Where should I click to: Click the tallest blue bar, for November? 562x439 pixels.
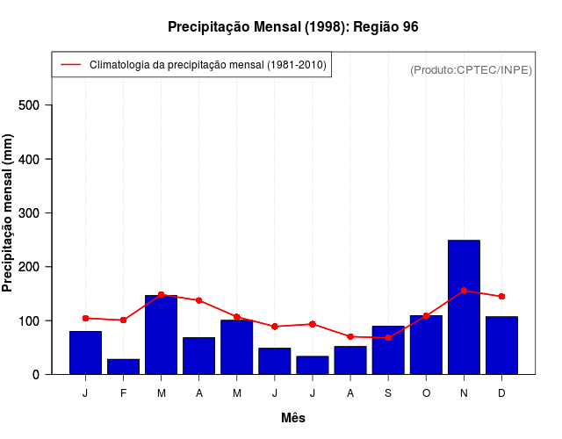click(x=464, y=306)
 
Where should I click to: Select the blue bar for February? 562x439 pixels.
click(x=123, y=366)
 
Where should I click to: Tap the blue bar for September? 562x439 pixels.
click(x=388, y=349)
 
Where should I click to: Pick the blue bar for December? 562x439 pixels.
click(x=501, y=345)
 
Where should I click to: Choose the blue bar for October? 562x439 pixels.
click(x=426, y=344)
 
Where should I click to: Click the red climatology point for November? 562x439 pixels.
click(x=464, y=291)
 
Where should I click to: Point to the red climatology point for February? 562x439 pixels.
click(x=123, y=320)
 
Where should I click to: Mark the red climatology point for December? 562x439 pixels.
click(x=501, y=297)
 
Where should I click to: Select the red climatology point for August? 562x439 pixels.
click(x=350, y=336)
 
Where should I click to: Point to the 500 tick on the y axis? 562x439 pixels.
click(x=54, y=105)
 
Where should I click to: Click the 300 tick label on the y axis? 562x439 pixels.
click(x=41, y=213)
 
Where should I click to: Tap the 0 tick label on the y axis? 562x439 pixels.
click(x=47, y=375)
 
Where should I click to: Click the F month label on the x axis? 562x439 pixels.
click(x=123, y=393)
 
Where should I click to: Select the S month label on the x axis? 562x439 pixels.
click(x=388, y=393)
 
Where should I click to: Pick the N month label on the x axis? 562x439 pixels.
click(x=464, y=393)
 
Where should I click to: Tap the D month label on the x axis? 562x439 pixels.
click(x=501, y=393)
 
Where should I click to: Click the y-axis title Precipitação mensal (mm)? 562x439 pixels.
click(x=9, y=212)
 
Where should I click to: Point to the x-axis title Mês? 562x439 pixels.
click(x=293, y=419)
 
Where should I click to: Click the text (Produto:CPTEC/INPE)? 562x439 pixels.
click(x=471, y=69)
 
